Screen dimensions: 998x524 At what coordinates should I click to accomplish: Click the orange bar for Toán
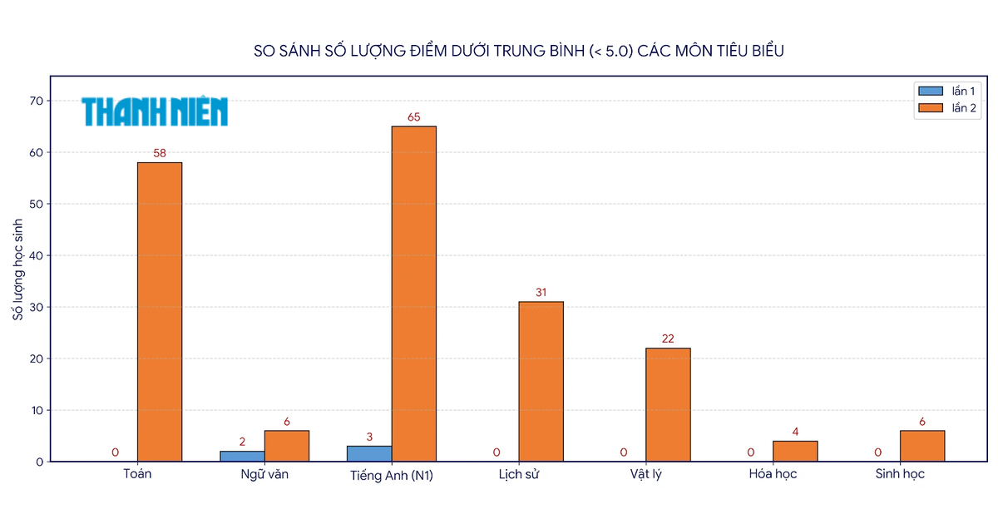tap(160, 312)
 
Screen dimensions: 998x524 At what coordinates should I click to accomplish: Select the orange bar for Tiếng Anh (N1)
tap(414, 294)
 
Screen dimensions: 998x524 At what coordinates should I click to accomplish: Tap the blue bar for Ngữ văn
tap(242, 457)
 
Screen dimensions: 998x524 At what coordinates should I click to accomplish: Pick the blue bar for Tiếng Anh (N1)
tap(369, 453)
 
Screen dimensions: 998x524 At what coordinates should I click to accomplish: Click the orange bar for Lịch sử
tap(541, 382)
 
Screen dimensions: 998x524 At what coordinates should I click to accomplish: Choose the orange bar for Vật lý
tap(668, 405)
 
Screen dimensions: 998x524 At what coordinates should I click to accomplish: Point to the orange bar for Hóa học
tap(795, 452)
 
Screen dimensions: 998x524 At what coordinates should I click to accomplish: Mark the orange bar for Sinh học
tap(922, 446)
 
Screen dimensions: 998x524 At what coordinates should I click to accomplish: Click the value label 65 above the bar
tap(414, 117)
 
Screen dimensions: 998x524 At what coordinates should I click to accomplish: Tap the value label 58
tap(160, 153)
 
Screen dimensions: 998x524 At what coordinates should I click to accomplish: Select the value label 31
tap(541, 292)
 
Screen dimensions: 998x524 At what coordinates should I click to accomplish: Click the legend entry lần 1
tap(947, 91)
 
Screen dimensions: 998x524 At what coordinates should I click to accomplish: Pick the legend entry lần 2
tap(947, 108)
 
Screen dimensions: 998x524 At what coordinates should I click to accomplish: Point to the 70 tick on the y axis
tap(37, 101)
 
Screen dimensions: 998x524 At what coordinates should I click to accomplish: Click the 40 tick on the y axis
tap(37, 255)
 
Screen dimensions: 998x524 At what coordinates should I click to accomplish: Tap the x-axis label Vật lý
tap(645, 474)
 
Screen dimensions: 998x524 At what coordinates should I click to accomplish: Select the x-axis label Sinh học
tap(900, 473)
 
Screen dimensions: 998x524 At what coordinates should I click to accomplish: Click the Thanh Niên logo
tap(155, 111)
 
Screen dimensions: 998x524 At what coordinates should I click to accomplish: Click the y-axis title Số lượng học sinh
tap(17, 269)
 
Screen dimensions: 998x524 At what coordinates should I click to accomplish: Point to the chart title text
tap(519, 51)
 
